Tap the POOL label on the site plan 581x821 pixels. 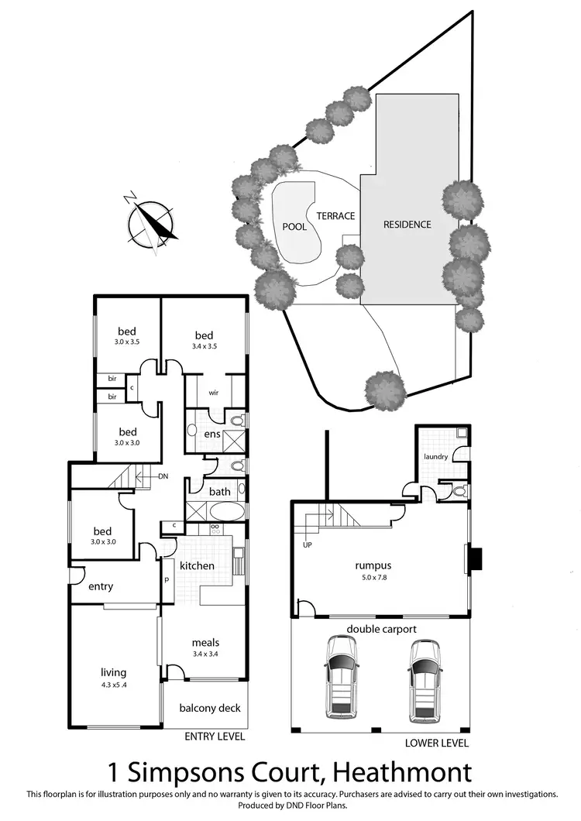(295, 227)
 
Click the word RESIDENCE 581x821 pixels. (407, 225)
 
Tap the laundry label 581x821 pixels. (435, 457)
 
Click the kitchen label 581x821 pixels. (197, 566)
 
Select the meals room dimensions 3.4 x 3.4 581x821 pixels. (206, 653)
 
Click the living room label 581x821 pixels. (113, 672)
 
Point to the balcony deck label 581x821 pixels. (209, 708)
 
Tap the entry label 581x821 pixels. (100, 586)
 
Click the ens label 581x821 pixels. (212, 435)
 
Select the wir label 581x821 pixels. (215, 392)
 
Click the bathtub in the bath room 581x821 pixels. (225, 512)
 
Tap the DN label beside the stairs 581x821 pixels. (163, 477)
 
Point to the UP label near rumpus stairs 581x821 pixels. (308, 543)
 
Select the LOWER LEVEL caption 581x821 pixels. (437, 743)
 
